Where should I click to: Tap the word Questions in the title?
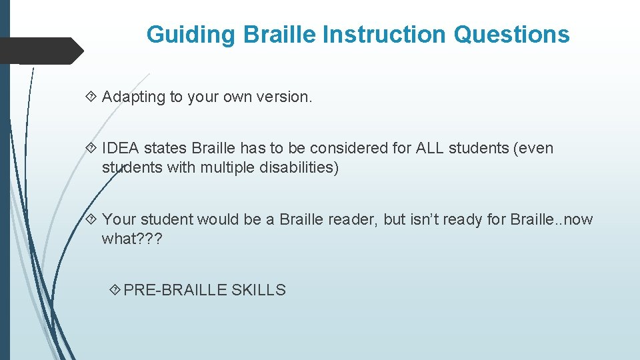click(x=511, y=34)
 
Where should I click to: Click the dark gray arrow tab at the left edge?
click(x=40, y=51)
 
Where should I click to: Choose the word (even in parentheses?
click(x=532, y=148)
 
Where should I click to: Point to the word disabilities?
click(x=299, y=167)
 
